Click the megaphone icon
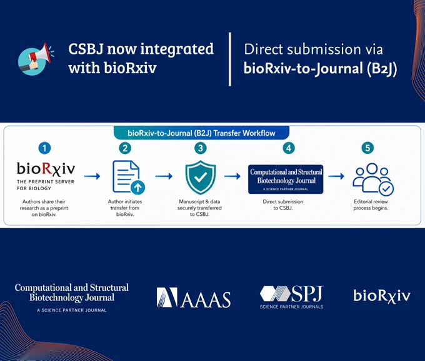tap(35, 59)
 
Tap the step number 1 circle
tap(45, 148)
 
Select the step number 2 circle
tap(125, 148)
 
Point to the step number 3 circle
tap(201, 148)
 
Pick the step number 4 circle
tap(289, 148)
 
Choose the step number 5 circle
tap(367, 148)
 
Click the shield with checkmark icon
tap(201, 177)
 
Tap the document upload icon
tap(129, 177)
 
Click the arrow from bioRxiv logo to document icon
tap(92, 176)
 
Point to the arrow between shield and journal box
tap(232, 176)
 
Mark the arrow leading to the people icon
tap(336, 176)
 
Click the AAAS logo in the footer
tap(194, 297)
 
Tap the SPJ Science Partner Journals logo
tap(292, 297)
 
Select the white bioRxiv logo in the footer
tap(382, 296)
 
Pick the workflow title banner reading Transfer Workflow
tap(201, 133)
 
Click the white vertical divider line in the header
tap(230, 59)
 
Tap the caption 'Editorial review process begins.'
tap(371, 205)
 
